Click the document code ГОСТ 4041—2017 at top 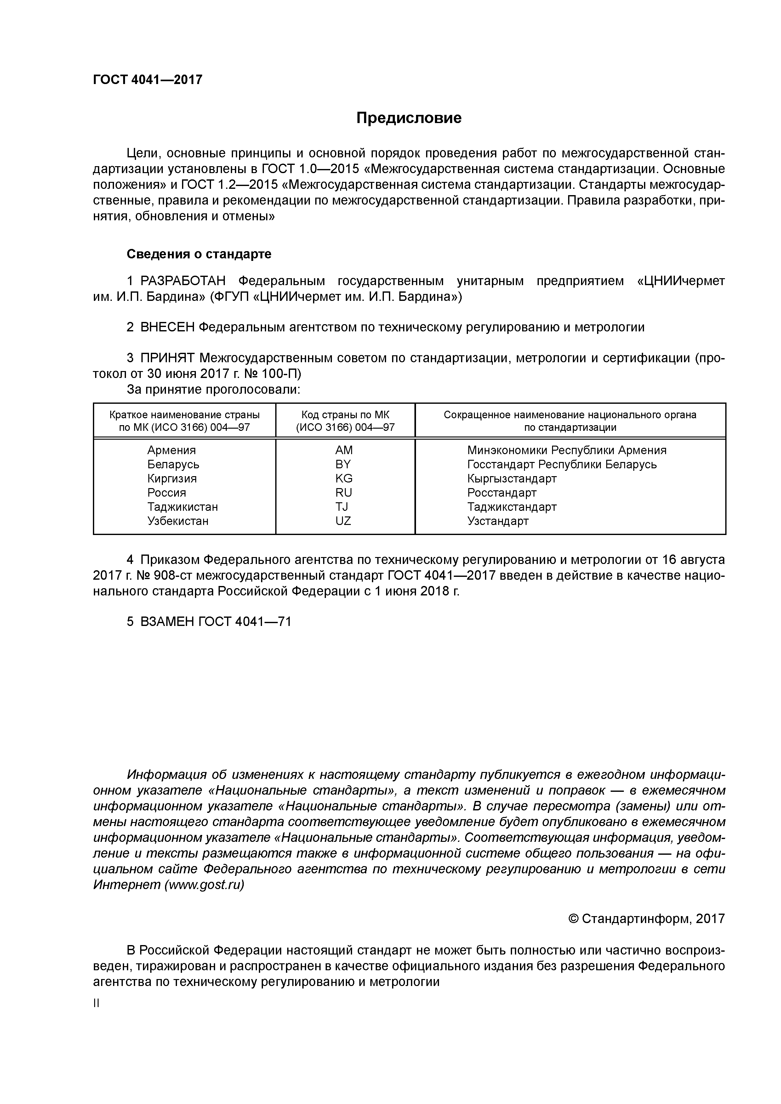(147, 80)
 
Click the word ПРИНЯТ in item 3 (168, 358)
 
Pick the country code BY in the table (344, 465)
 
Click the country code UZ (344, 521)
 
